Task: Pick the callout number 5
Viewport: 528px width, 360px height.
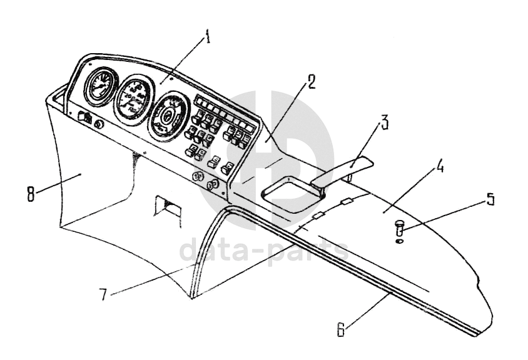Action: (490, 199)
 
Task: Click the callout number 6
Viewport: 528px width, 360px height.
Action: (342, 330)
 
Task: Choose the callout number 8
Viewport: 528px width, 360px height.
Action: (31, 193)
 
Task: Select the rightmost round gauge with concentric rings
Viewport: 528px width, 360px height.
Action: (167, 115)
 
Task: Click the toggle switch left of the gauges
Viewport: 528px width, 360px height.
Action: (84, 117)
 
